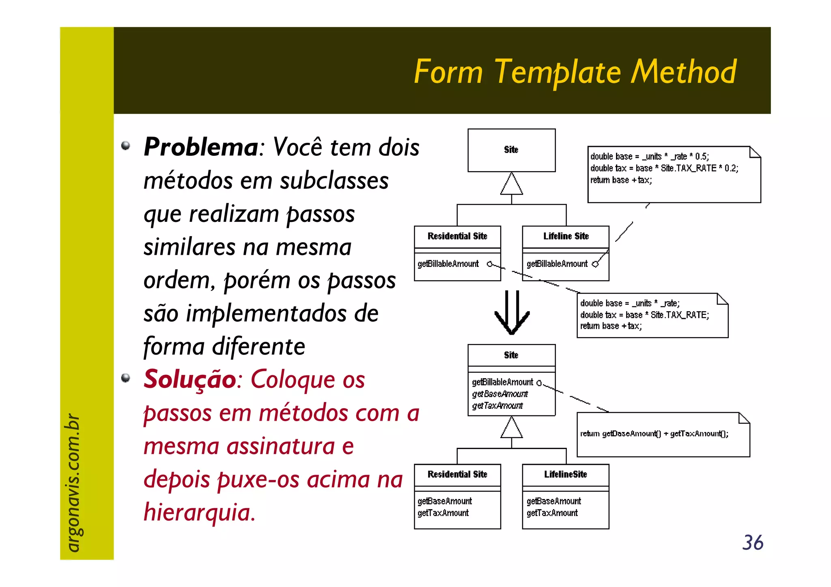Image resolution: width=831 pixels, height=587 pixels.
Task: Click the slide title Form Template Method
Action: (575, 72)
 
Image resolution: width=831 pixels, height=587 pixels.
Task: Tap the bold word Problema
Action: (201, 147)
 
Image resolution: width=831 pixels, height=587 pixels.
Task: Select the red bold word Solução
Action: (190, 379)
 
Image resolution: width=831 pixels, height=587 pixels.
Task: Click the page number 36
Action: (753, 543)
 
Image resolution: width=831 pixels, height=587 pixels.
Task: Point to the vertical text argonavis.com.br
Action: (73, 483)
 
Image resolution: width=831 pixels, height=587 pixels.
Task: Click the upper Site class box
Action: (511, 150)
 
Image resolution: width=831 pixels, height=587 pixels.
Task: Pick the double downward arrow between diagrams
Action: (512, 313)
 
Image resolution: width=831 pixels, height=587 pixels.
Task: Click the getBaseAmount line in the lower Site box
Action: (500, 394)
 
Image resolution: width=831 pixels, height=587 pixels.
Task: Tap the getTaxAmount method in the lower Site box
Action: (497, 406)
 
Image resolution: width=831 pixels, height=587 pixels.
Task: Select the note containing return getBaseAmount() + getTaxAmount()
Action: (663, 434)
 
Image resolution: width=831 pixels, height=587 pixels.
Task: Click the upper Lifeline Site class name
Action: (566, 236)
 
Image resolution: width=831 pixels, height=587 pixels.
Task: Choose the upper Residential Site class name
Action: (457, 236)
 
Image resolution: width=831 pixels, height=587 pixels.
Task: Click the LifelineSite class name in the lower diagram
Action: (565, 474)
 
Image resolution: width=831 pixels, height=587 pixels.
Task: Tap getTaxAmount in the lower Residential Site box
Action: (443, 513)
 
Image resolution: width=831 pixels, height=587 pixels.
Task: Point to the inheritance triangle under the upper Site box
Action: (511, 184)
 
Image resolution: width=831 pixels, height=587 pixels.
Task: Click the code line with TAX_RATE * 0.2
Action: (664, 168)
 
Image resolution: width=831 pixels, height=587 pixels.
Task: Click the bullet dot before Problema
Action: (126, 146)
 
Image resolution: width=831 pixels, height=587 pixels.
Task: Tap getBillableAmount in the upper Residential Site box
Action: (448, 264)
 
